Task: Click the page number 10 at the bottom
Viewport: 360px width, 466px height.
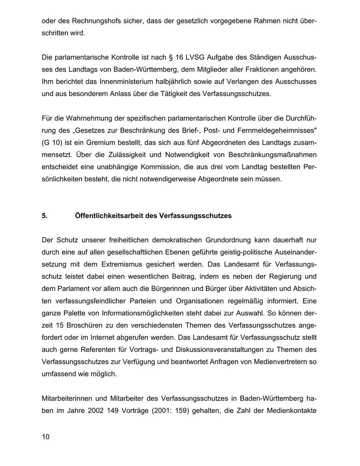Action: pyautogui.click(x=46, y=437)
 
